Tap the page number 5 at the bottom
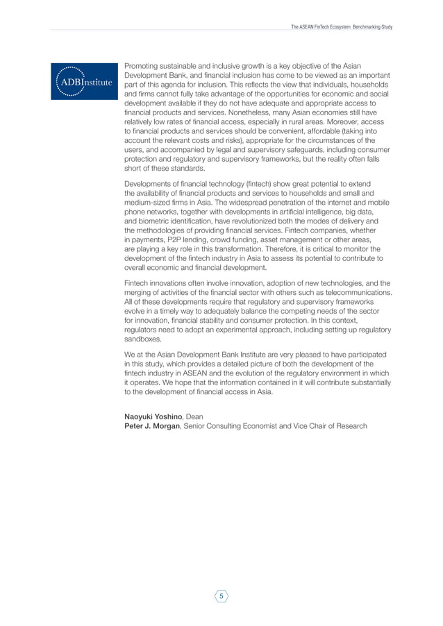pyautogui.click(x=221, y=595)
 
